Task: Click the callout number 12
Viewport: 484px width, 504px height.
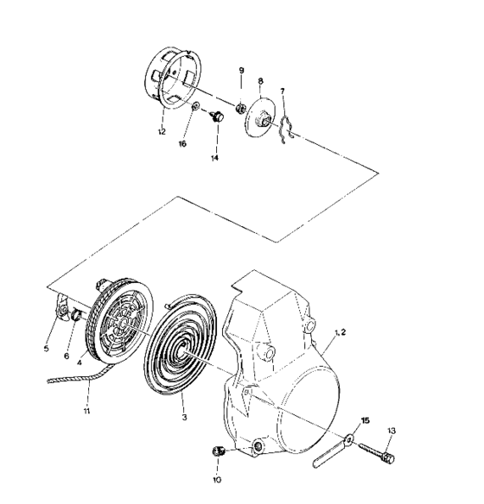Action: tap(161, 131)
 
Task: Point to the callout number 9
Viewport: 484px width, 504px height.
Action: tap(241, 69)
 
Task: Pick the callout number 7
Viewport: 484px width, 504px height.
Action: tap(281, 91)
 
